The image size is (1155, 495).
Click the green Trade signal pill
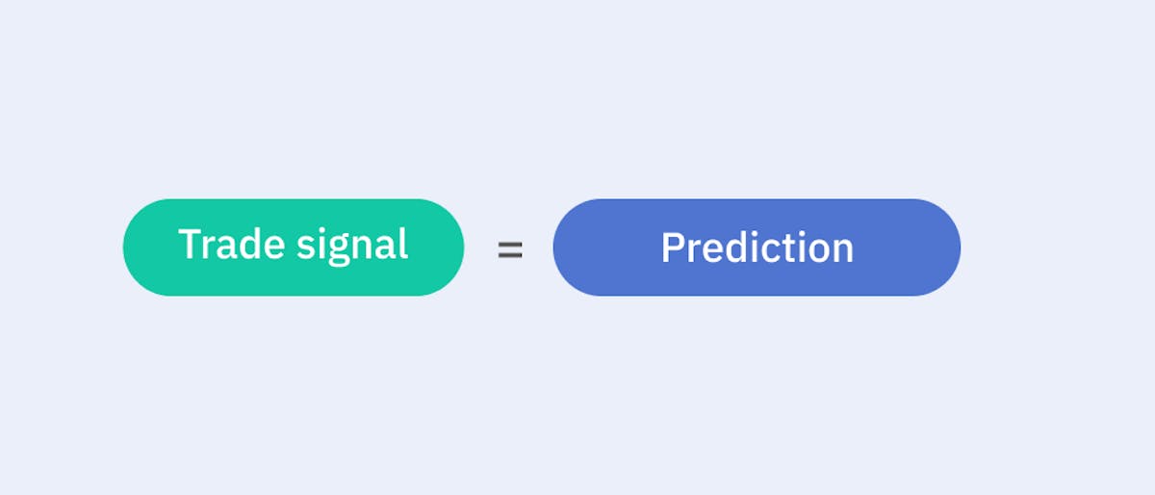(x=294, y=247)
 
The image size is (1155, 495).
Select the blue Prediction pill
(x=757, y=247)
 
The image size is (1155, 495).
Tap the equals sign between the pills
(x=510, y=249)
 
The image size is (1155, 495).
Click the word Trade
(x=232, y=244)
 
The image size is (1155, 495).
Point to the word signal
(x=352, y=247)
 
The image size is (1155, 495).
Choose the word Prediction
(x=757, y=247)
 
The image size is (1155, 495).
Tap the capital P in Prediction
(x=673, y=247)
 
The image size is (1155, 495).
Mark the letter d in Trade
(x=248, y=244)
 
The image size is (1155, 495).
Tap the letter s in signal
(x=306, y=248)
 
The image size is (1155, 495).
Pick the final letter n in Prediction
(x=843, y=252)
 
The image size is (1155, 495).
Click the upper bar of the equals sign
(x=510, y=243)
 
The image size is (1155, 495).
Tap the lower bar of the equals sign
(x=510, y=256)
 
